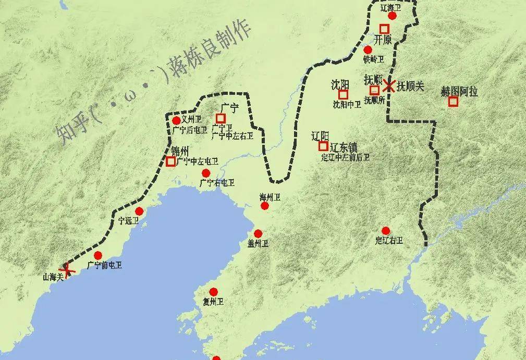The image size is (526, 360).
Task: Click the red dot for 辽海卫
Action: click(393, 16)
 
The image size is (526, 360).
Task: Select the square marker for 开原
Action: click(384, 29)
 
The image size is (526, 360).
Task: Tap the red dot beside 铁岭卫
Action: click(368, 50)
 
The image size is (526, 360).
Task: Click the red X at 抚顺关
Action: click(389, 85)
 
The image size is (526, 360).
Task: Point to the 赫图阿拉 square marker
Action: click(453, 102)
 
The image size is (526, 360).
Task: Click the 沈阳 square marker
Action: click(343, 94)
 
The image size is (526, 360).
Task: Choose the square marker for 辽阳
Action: click(323, 146)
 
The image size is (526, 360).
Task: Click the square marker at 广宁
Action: click(221, 118)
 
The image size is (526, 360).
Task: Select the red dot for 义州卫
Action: click(176, 121)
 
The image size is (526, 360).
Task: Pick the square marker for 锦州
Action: click(170, 162)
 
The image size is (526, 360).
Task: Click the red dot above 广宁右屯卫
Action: click(206, 173)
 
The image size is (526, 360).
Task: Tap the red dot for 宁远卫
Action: click(139, 211)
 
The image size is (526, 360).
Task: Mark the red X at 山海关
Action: click(68, 269)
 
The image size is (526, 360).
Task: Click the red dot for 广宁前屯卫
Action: click(98, 255)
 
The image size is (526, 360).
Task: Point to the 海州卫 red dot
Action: click(265, 206)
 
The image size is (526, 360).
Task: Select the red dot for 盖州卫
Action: click(258, 233)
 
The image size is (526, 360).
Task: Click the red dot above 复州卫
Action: click(213, 292)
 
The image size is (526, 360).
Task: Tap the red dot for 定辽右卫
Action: click(386, 231)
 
